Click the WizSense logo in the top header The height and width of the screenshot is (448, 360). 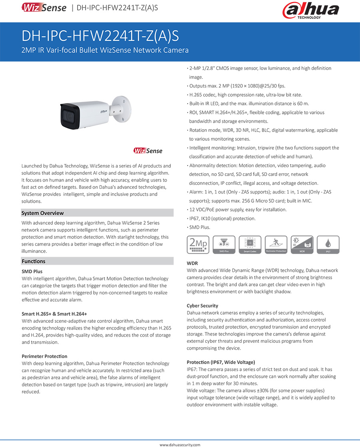pos(44,8)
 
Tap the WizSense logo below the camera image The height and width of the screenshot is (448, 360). pos(148,151)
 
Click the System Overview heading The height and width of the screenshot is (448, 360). pos(42,213)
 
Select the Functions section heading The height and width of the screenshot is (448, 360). pos(33,261)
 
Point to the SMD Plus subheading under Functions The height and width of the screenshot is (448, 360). pos(32,272)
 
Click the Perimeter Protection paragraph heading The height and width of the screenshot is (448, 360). pos(44,356)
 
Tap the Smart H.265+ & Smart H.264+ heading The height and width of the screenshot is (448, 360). pos(54,314)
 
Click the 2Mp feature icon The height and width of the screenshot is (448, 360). pos(198,245)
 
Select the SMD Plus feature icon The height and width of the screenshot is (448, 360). pos(224,245)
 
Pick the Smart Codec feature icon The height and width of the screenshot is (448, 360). pos(250,245)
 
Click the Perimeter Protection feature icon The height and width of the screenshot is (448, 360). pos(276,245)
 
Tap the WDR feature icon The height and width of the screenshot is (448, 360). pos(302,245)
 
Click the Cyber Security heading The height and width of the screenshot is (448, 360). pos(202,306)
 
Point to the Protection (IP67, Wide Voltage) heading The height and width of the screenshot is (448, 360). pos(221,362)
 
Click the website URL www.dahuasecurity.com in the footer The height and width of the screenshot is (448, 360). pos(180,445)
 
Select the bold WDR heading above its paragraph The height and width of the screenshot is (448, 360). pos(192,264)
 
